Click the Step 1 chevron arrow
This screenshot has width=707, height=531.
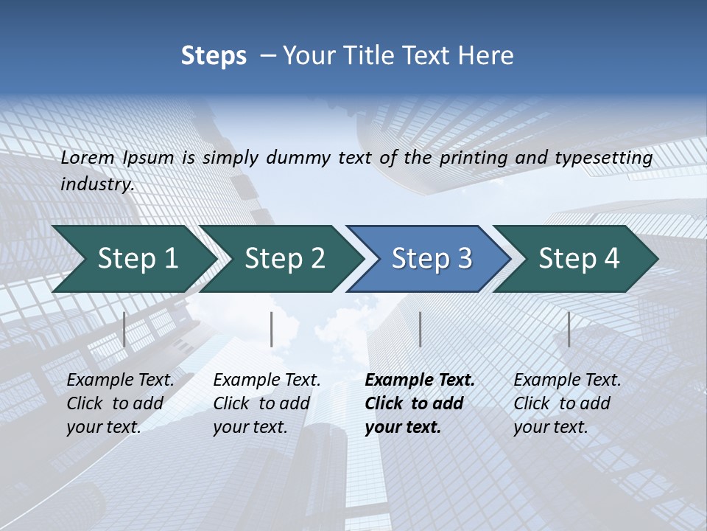coord(133,259)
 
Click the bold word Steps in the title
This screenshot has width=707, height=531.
coord(214,56)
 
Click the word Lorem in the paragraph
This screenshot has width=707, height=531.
coord(88,158)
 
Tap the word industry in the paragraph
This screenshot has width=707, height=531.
coord(96,184)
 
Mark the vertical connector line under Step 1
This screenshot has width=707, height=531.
coord(124,329)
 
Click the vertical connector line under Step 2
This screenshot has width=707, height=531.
coord(272,329)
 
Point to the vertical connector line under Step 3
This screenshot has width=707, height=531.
coord(420,329)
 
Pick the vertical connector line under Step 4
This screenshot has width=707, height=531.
coord(569,329)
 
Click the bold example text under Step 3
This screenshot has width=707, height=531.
coord(419,403)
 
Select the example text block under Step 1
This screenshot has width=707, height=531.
coord(120,403)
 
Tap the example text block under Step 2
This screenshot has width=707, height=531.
coord(267,403)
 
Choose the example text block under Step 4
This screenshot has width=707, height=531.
coord(567,403)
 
